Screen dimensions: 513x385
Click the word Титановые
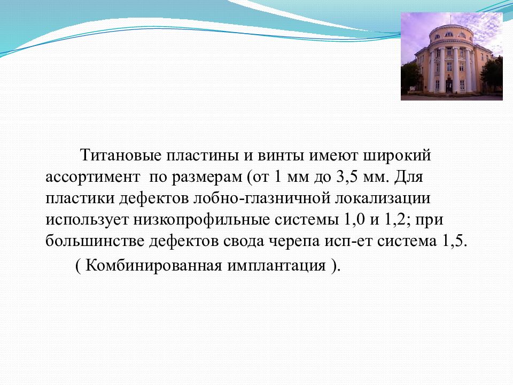coord(121,155)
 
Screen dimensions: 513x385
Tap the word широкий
coord(397,155)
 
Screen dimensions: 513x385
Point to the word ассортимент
coord(92,177)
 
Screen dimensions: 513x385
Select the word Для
coord(408,177)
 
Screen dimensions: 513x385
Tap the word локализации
coord(383,199)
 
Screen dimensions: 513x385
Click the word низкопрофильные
coord(201,220)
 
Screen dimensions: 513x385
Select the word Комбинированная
coord(154,266)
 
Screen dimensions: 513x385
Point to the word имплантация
coord(277,266)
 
